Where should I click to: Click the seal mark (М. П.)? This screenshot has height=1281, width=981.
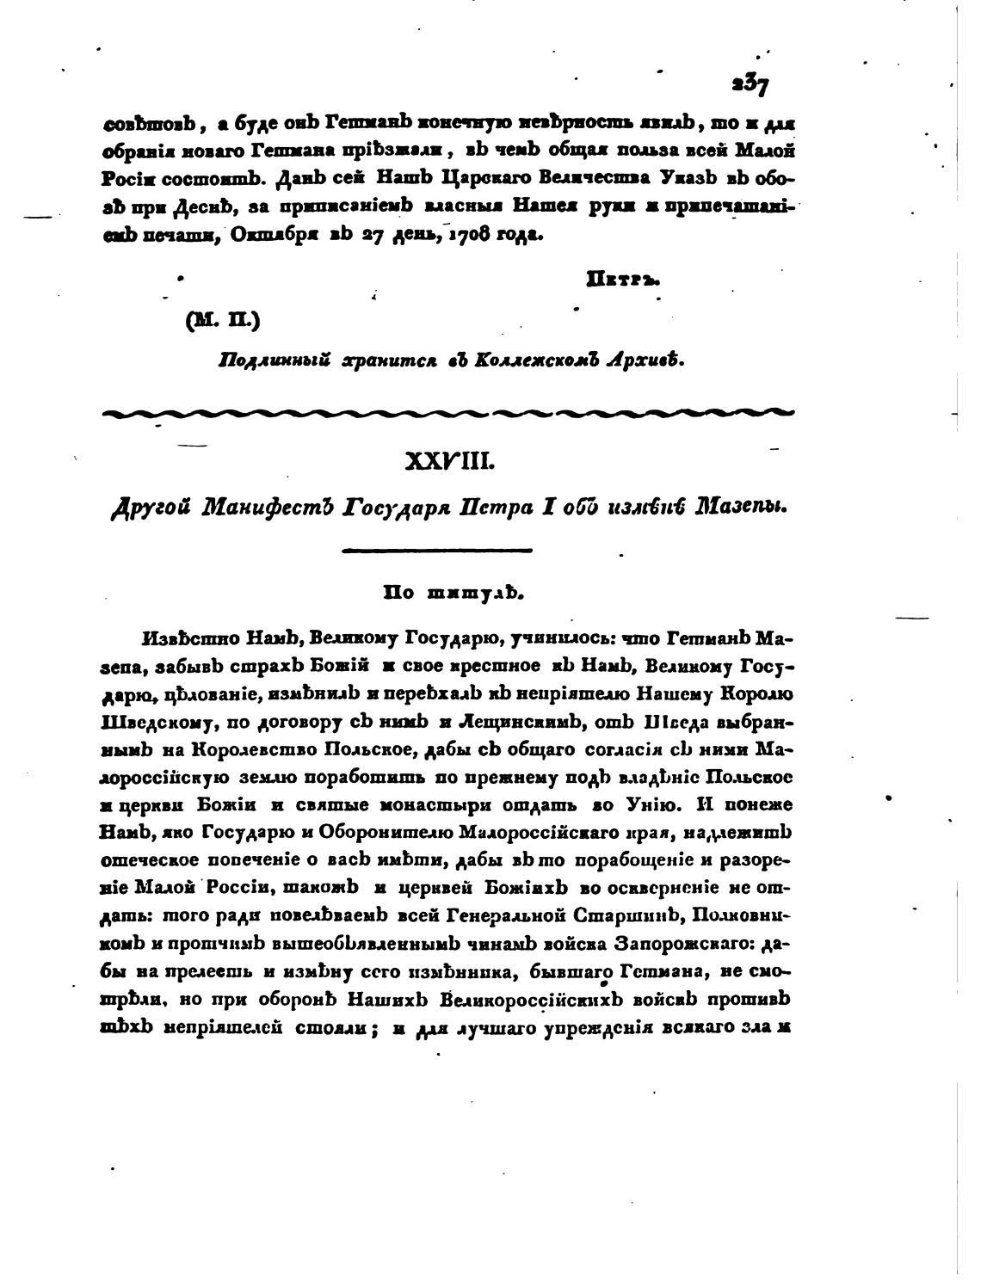point(222,320)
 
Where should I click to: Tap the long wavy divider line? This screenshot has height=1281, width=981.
point(447,413)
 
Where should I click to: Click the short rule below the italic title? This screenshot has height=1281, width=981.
point(437,550)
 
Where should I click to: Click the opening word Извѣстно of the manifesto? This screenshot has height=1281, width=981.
point(177,640)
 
